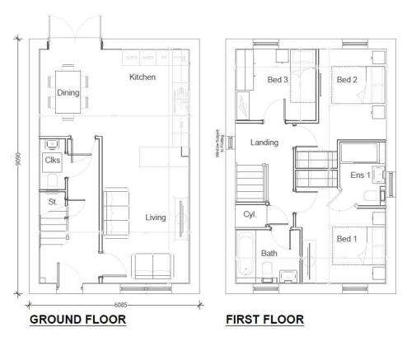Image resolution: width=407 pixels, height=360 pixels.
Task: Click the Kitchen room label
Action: (142, 77)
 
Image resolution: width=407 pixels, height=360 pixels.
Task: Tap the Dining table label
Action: (68, 93)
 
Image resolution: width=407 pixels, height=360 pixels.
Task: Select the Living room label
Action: (156, 217)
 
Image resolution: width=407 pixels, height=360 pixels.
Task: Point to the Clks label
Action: (53, 160)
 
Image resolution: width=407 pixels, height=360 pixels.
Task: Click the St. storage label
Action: (51, 200)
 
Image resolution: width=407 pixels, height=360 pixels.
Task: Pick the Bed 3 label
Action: (278, 80)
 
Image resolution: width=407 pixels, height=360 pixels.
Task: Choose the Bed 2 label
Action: (346, 80)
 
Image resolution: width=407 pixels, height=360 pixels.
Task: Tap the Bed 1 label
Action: (346, 238)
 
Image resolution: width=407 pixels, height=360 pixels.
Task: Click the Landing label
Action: (264, 143)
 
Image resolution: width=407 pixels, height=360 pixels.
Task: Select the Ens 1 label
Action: (360, 175)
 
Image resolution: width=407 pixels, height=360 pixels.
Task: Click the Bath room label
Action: (269, 253)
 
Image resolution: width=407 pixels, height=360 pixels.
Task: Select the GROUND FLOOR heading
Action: (77, 319)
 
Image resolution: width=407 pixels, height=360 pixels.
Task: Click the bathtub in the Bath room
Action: (246, 255)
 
